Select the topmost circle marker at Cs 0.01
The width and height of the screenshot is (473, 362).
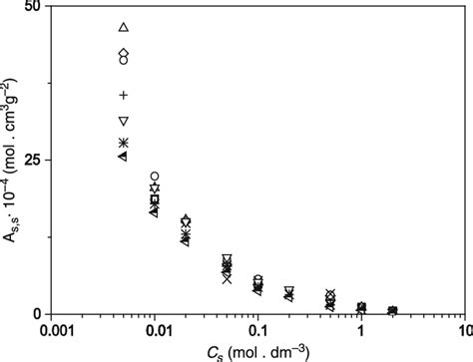pyautogui.click(x=155, y=177)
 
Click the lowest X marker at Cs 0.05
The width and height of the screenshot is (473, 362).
pyautogui.click(x=227, y=280)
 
